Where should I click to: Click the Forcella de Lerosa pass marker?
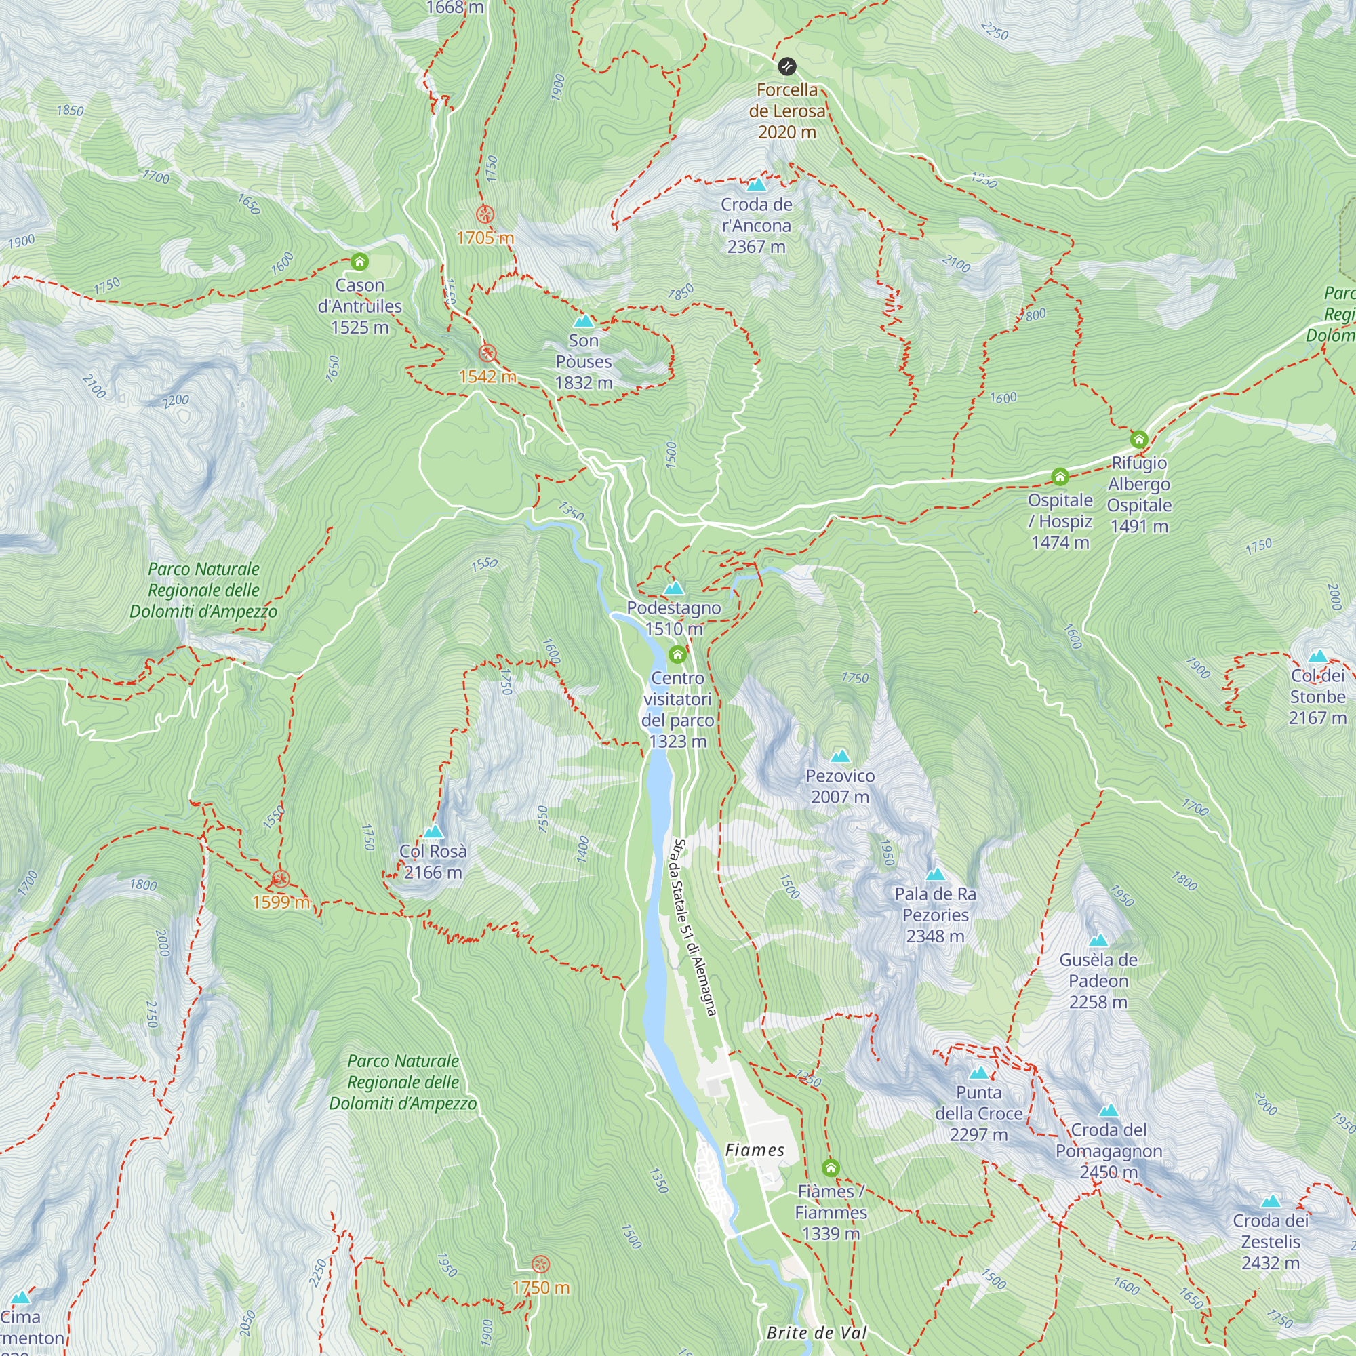coord(786,66)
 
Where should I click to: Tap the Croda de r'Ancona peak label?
coord(756,225)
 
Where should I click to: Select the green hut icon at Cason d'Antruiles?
coord(359,262)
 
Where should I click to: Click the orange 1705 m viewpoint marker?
coord(484,215)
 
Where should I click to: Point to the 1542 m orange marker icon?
coord(487,353)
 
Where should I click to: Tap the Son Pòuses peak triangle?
coord(583,321)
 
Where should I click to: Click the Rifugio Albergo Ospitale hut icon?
coord(1138,439)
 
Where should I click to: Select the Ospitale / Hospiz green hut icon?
coord(1060,477)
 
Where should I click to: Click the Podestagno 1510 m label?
coord(674,618)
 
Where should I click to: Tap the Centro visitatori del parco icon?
coord(677,656)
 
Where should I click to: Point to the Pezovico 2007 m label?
coord(840,786)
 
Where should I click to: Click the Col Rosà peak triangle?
coord(433,832)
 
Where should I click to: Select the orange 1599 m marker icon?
coord(280,879)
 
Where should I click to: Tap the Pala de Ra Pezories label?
coord(935,915)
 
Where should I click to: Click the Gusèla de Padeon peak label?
coord(1098,980)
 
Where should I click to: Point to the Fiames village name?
coord(755,1150)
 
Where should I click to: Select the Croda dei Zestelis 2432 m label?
coord(1271,1241)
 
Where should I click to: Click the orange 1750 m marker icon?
coord(540,1264)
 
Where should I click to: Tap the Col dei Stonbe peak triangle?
coord(1317,656)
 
